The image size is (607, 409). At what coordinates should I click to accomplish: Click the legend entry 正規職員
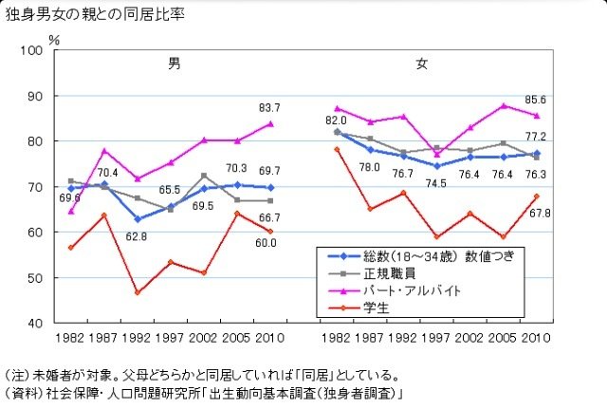[392, 273]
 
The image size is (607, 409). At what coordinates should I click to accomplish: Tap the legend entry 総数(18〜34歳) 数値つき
[431, 256]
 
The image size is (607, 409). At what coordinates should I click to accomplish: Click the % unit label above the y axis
[54, 40]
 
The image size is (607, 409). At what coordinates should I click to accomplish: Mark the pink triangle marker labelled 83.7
[270, 123]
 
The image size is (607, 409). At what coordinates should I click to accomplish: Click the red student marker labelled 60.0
[270, 232]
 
